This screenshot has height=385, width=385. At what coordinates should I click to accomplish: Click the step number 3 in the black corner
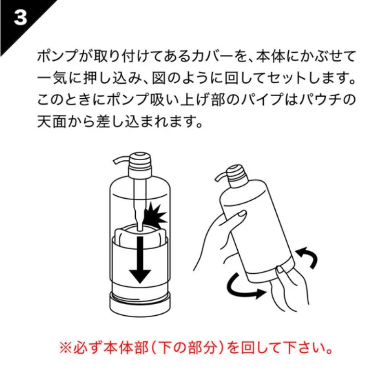point(20,17)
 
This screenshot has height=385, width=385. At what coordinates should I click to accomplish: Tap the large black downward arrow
point(140,260)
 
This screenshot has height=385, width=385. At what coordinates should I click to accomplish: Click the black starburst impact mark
point(154,214)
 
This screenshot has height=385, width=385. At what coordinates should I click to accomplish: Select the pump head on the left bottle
point(140,165)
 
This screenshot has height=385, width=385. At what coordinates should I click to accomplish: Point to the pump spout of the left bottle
point(121,159)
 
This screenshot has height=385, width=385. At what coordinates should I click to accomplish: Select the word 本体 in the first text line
point(270,56)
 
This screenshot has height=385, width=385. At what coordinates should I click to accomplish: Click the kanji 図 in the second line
point(159,78)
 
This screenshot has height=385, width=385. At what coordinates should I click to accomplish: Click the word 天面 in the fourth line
point(52,122)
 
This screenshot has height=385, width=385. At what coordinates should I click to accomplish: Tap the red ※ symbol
point(65,348)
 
